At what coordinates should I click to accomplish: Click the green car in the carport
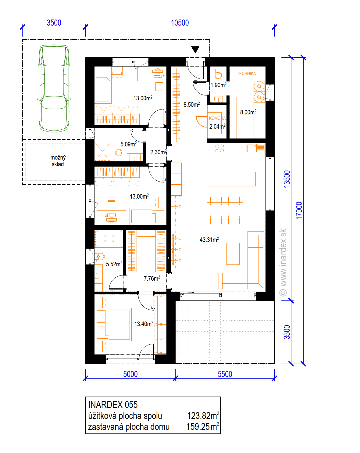54,88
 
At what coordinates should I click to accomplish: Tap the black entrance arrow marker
195,50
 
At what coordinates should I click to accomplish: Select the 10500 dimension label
180,23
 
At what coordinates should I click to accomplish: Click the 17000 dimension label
299,210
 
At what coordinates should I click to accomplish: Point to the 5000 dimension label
130,374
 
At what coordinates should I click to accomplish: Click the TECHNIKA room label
246,74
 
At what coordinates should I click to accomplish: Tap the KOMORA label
217,118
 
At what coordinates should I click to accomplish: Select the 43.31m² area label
209,239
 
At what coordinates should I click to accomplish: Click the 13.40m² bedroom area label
144,324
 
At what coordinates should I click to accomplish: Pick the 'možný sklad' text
58,161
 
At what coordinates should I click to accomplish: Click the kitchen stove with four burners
219,148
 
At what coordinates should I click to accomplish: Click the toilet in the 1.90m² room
218,75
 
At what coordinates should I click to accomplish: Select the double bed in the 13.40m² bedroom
114,324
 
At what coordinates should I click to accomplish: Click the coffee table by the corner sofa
233,254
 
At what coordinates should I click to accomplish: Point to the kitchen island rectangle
231,179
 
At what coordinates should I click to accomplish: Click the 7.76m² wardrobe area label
152,278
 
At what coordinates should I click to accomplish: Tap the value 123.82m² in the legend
203,415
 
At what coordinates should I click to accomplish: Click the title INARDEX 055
113,404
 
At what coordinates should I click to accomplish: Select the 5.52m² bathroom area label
114,264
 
